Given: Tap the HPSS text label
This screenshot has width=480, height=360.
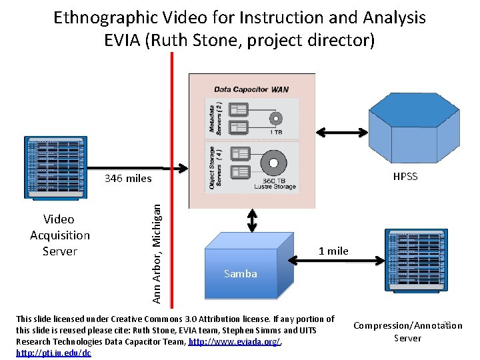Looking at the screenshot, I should click(x=405, y=177).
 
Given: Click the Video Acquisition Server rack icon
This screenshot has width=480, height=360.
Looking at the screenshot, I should click(x=55, y=167).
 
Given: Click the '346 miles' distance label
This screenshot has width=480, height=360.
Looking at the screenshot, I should click(x=128, y=179).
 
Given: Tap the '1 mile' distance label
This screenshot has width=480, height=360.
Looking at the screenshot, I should click(x=333, y=251).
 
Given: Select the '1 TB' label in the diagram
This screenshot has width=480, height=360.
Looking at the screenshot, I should click(x=275, y=132).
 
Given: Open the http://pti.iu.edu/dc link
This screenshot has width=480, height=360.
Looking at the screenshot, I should click(x=53, y=352).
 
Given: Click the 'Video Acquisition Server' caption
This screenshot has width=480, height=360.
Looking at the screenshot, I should click(x=60, y=235).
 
